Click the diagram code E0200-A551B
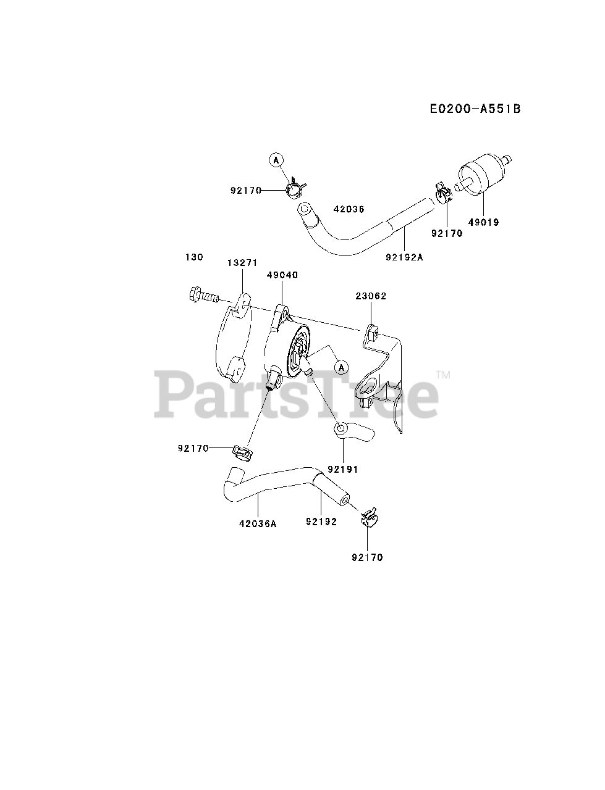coord(475,109)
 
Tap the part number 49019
coord(483,222)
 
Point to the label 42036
coord(349,209)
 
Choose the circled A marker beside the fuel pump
coord(341,367)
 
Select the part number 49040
coord(282,275)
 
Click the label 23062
coord(371,296)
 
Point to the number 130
coord(193,257)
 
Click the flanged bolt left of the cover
coord(203,296)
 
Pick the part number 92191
coord(343,470)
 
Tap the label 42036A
coord(258,523)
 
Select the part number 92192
coord(321,522)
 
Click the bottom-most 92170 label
coord(368,557)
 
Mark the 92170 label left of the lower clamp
coord(193,449)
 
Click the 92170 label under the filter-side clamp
coord(447,233)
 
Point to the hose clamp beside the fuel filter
coord(442,192)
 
